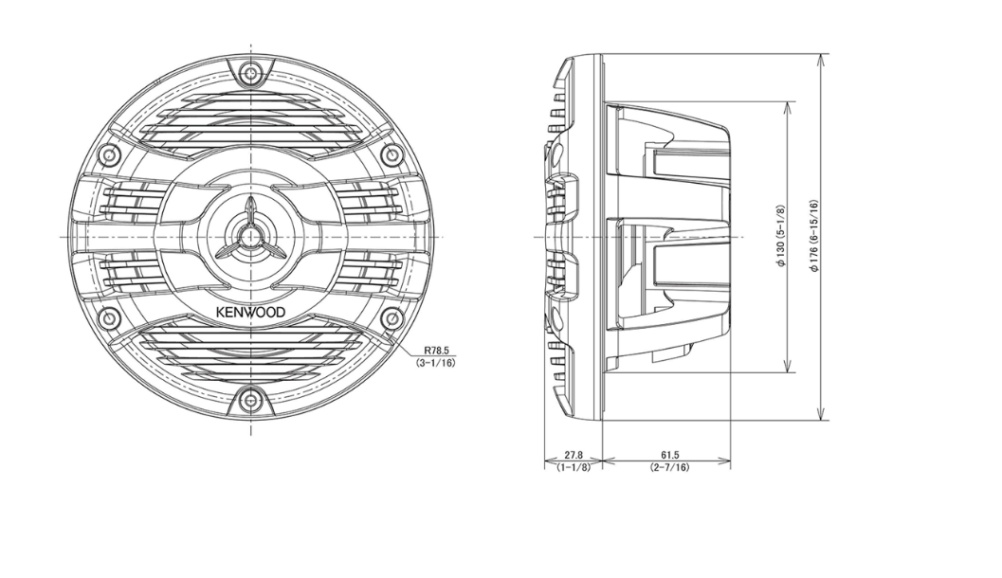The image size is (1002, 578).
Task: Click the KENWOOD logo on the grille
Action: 250,313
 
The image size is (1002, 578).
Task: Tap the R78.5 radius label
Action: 437,351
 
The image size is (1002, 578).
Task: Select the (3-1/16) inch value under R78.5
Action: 436,363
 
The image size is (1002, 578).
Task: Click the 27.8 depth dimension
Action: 574,456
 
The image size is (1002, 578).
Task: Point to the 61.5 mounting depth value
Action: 669,456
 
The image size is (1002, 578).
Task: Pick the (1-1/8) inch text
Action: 574,467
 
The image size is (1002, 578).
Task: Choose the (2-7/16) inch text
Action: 669,467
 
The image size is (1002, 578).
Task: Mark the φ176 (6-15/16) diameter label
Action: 813,236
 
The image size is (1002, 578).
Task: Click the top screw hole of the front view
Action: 250,72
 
